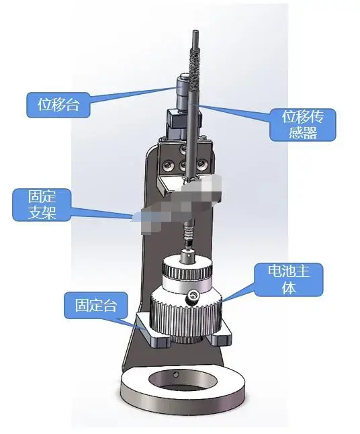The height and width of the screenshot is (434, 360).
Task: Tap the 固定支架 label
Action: [42, 205]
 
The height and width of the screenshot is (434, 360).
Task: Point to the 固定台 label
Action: [91, 306]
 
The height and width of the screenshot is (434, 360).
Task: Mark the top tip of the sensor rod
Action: [193, 33]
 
